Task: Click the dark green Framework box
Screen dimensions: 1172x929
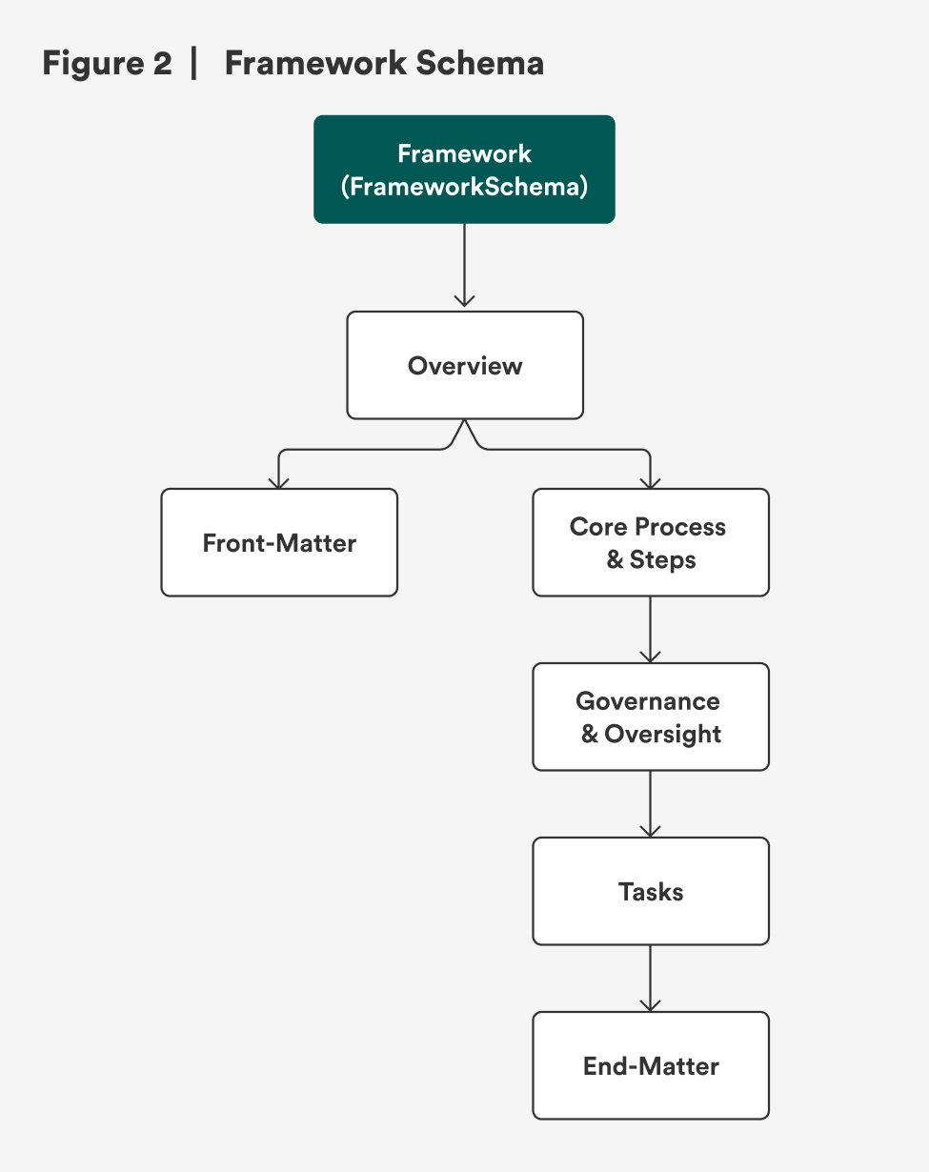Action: point(464,170)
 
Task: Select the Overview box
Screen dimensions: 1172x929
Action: point(464,365)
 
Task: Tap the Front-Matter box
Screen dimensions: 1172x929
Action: point(278,542)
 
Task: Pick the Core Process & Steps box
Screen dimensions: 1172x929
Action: point(650,542)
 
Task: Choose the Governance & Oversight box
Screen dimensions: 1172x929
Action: point(650,717)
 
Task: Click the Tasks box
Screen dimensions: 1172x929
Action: point(650,891)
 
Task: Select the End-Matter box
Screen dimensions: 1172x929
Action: point(650,1065)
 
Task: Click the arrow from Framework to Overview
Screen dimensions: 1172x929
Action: point(464,267)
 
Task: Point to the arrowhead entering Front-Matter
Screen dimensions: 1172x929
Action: point(278,482)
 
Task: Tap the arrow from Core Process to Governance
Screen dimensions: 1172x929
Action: point(650,629)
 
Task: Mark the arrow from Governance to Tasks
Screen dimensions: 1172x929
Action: point(650,803)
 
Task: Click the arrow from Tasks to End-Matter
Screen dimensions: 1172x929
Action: point(650,978)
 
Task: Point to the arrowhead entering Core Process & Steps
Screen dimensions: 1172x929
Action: point(650,482)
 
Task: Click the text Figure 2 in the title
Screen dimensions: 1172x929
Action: point(107,64)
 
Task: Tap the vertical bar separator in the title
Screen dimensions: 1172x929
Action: point(195,64)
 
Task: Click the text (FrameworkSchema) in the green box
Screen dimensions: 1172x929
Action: point(464,187)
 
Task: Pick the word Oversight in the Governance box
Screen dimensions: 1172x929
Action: point(662,734)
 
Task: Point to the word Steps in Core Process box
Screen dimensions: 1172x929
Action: point(663,559)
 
